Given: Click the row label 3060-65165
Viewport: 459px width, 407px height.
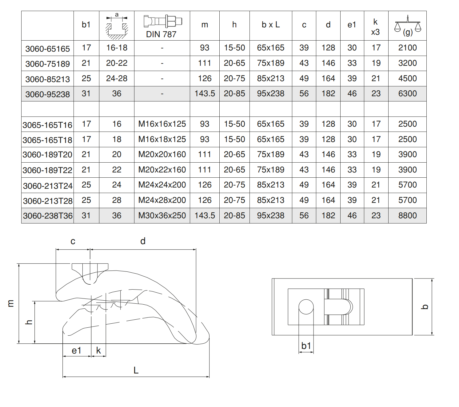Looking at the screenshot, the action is [48, 49].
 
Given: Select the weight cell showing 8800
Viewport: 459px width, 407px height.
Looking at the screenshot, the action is [407, 215].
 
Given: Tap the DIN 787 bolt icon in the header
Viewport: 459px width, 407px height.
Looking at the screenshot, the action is [163, 21].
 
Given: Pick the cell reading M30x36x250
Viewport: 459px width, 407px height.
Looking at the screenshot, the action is [162, 215].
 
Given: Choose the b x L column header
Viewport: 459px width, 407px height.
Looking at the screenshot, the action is [271, 25].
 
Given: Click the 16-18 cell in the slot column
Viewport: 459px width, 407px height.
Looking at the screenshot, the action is [117, 48].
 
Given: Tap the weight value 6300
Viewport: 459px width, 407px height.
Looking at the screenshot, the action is [407, 93].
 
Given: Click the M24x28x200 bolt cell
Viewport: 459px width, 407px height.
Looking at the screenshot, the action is [162, 200].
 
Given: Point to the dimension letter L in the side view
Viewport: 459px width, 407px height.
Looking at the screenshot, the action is [136, 370].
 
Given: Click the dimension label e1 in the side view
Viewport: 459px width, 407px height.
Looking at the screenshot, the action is [76, 351].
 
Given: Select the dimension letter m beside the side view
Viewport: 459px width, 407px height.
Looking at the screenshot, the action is [11, 303].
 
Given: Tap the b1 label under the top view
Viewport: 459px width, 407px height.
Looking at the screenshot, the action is [306, 346].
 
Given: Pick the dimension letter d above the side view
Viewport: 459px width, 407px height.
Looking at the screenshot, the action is [143, 241].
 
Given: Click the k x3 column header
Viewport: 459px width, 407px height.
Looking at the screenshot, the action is [375, 27].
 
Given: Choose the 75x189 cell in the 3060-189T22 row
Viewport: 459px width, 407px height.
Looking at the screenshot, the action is [270, 170].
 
